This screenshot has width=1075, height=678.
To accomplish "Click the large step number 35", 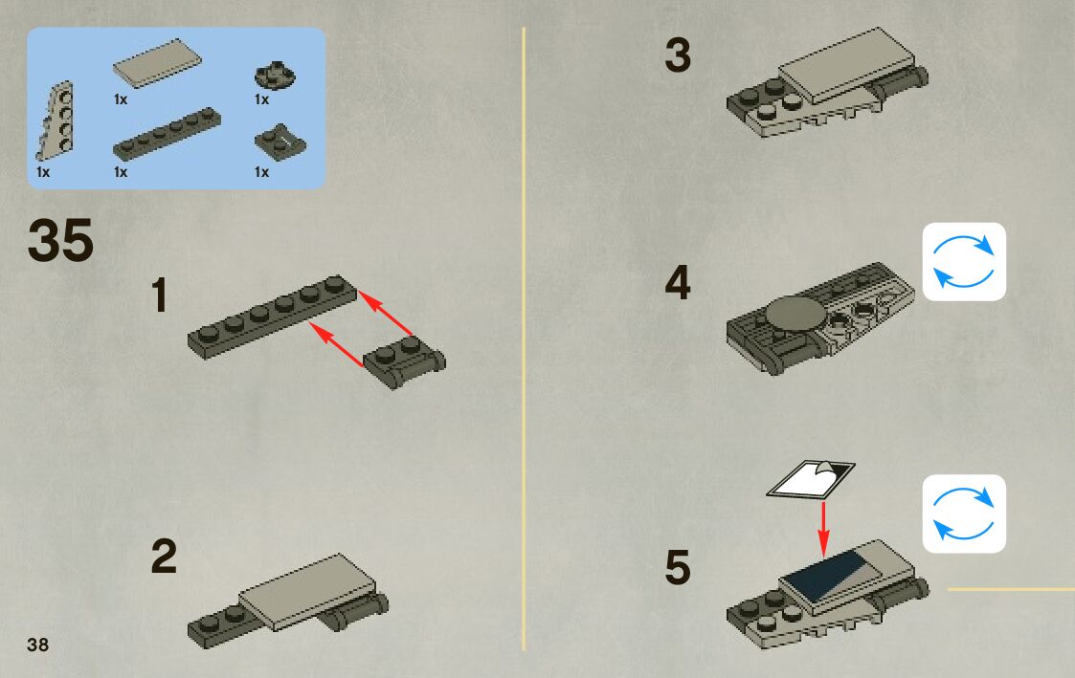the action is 61,241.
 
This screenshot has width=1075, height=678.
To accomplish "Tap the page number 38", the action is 38,644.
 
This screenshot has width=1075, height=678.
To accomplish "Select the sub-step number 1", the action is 160,296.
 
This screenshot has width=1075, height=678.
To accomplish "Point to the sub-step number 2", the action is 164,558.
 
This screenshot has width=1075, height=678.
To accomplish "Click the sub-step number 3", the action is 678,55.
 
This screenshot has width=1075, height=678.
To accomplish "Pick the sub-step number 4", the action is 678,284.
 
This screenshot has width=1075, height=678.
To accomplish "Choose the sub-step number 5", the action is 678,567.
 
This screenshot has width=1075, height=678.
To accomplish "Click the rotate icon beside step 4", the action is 964,262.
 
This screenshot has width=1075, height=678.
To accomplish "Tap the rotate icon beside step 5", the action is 964,514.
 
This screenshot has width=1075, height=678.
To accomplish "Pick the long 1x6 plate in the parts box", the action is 167,134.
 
